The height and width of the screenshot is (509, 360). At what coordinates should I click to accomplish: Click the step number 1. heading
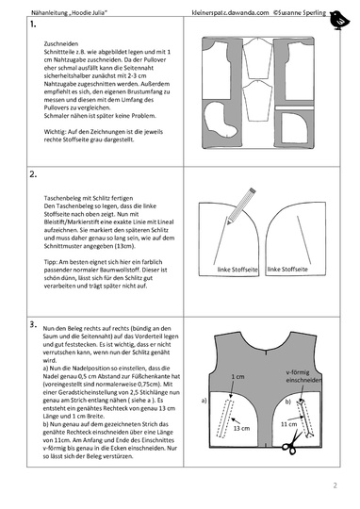(34, 31)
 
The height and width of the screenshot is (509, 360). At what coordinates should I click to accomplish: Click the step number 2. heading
(34, 173)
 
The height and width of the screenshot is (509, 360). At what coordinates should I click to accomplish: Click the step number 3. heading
(34, 323)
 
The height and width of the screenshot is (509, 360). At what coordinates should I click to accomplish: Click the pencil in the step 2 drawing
(240, 203)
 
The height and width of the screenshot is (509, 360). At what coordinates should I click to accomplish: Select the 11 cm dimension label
(289, 426)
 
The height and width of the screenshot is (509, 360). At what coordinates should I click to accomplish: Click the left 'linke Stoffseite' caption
(237, 270)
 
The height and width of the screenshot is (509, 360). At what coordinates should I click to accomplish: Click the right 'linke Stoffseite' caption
(288, 270)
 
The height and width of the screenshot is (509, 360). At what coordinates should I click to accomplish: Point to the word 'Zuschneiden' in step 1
(58, 45)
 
